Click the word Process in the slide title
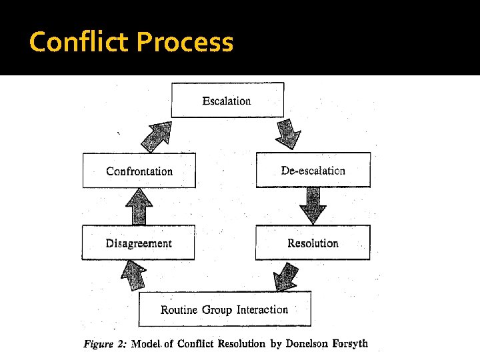(x=185, y=43)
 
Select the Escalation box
(x=227, y=100)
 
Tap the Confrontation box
(x=139, y=171)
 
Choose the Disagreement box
(x=139, y=243)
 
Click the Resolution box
(x=313, y=243)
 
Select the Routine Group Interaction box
(x=224, y=309)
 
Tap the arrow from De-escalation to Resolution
(x=313, y=205)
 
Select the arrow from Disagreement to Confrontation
(x=139, y=206)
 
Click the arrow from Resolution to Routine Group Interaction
(x=287, y=275)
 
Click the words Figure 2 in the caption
(x=105, y=345)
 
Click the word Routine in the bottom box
(x=179, y=310)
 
